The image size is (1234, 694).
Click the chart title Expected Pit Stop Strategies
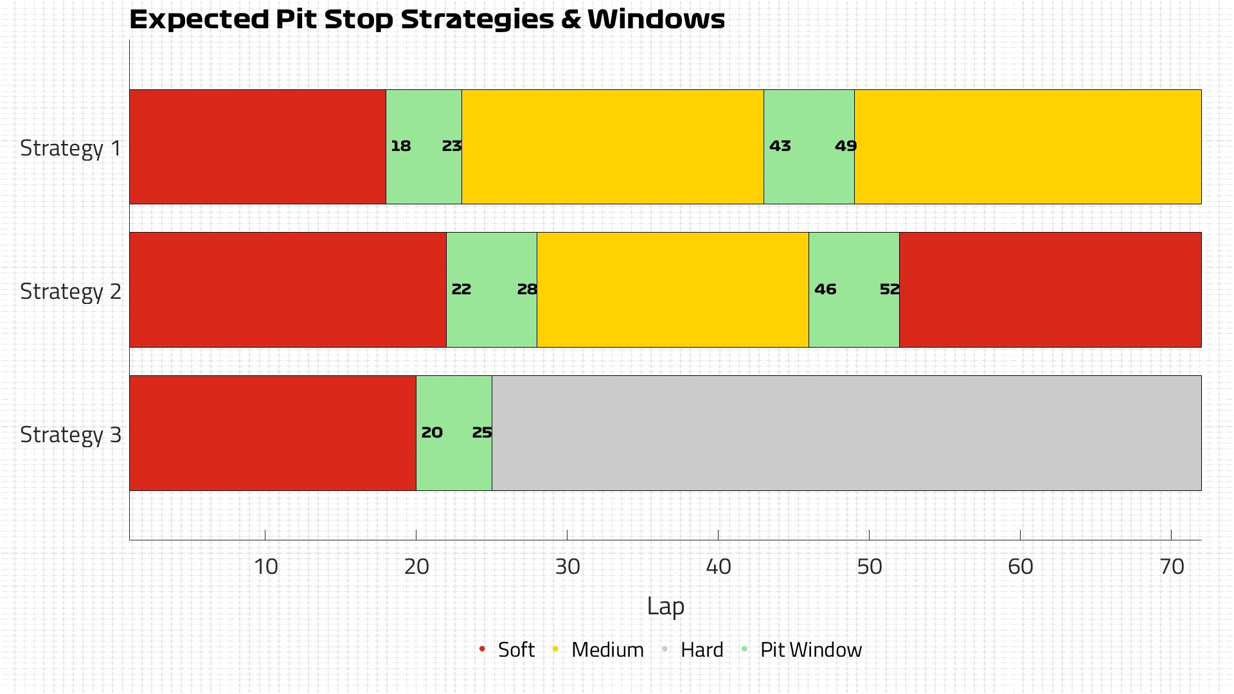pos(427,19)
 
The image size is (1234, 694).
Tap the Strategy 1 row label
pos(71,148)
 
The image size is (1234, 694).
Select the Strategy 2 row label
pos(71,291)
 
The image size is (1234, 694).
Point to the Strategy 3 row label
pos(71,434)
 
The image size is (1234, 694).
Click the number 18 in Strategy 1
pos(400,146)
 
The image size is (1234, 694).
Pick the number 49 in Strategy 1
pos(845,146)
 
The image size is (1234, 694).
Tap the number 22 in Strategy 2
pos(461,289)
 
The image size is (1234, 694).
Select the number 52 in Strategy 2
pos(889,289)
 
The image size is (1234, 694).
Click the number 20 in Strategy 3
pos(431,432)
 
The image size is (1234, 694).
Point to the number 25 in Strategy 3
pos(481,432)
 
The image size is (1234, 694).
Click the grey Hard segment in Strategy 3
pos(846,432)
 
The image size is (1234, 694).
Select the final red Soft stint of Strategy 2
pos(1050,289)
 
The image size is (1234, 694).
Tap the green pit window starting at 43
pos(809,173)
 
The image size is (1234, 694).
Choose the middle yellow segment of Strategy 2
pos(672,289)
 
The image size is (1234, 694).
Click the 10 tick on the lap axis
pos(265,566)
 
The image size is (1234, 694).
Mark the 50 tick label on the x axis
pos(869,566)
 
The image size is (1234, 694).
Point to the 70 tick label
pos(1171,566)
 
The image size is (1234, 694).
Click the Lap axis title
pos(665,606)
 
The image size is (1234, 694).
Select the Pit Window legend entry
pos(810,650)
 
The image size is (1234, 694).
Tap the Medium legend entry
pos(607,650)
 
